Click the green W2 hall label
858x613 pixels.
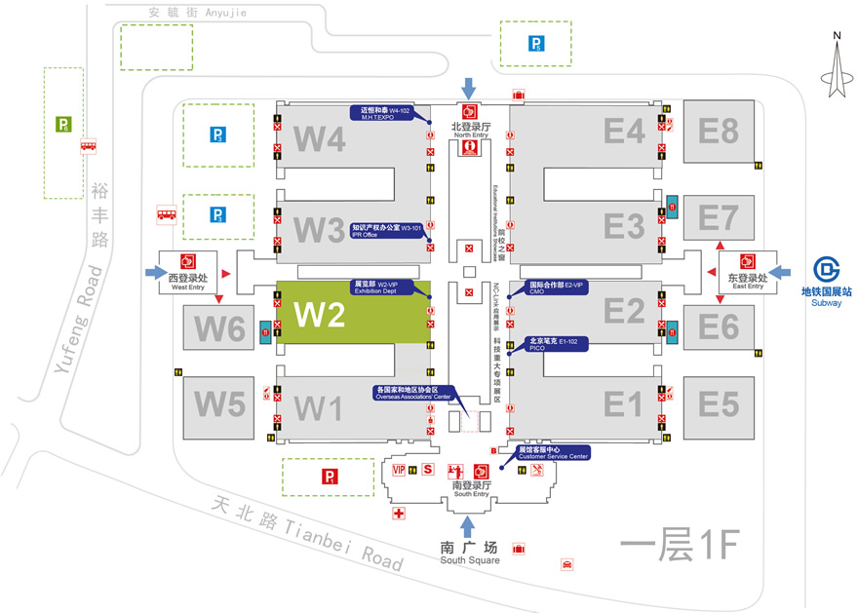[321, 315]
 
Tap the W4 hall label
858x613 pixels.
[320, 138]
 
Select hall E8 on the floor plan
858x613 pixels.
[718, 131]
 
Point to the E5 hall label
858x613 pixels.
[718, 402]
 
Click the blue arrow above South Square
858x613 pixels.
[469, 526]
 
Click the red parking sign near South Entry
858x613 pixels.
[330, 477]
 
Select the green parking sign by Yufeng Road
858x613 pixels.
[63, 124]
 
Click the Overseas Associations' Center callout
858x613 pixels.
[412, 393]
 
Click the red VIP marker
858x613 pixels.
[398, 470]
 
